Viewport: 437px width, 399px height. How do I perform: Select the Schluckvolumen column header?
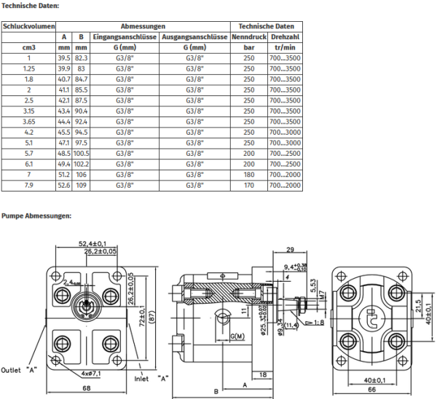coord(29,26)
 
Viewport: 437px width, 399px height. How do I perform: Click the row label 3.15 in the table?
coord(29,110)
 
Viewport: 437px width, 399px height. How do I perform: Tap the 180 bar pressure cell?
coord(249,175)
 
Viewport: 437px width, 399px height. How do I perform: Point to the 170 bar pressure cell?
coord(249,186)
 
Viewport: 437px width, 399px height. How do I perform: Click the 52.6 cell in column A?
coord(64,186)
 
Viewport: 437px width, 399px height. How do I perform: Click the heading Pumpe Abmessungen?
coord(36,216)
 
